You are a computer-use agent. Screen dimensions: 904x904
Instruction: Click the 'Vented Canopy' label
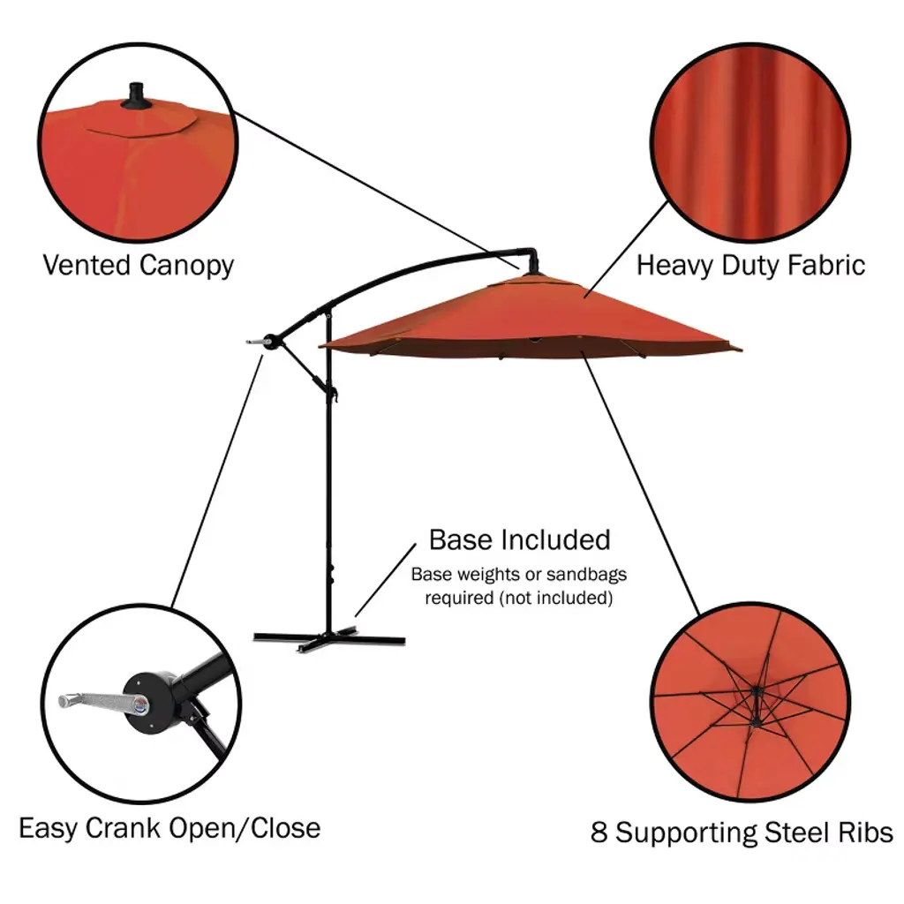[139, 265]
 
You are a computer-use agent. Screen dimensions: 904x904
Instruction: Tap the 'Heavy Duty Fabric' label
[750, 265]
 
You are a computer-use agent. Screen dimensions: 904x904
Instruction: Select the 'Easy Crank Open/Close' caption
[169, 828]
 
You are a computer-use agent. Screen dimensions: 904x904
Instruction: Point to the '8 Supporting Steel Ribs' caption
[742, 832]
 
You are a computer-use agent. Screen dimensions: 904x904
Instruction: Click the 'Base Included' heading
[519, 539]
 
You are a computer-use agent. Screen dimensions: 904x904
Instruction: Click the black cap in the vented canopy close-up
[137, 97]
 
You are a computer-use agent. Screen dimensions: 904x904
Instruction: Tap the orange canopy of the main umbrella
[530, 318]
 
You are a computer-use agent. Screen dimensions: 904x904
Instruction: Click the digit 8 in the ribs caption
[599, 832]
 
